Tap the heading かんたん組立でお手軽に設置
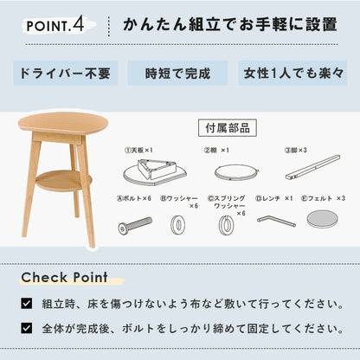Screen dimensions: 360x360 tap(228, 23)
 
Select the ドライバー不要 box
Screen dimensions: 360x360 tap(61, 72)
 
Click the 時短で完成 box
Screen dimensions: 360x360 tap(179, 72)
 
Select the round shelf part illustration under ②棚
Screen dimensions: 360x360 tap(227, 170)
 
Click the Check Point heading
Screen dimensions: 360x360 tap(66, 278)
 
